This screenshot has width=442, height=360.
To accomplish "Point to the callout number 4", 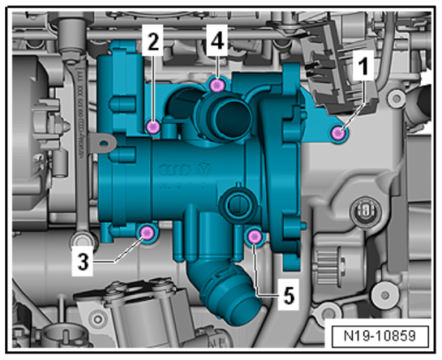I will (217, 38).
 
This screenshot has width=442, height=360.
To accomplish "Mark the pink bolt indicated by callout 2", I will (154, 127).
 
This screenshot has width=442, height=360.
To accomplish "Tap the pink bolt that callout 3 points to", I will (147, 233).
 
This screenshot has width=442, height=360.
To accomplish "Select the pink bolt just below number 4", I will (217, 85).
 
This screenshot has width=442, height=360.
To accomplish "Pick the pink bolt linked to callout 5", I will (255, 235).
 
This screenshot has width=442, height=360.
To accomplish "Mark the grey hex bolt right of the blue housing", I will (361, 211).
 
